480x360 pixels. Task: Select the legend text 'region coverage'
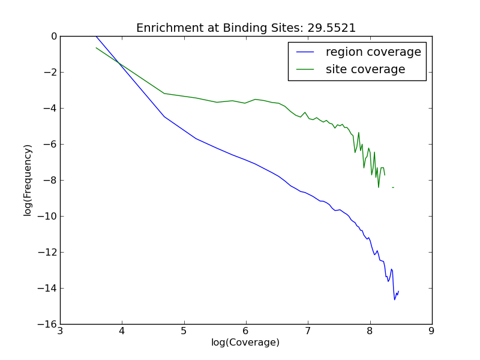[373, 52]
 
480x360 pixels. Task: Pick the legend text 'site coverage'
[365, 70]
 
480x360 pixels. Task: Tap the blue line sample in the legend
[306, 52]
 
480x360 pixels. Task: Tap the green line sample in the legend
[306, 70]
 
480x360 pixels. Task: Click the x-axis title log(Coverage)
[245, 343]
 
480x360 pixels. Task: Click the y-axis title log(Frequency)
[28, 180]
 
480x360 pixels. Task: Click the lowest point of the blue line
[395, 299]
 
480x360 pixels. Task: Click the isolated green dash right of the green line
[393, 188]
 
